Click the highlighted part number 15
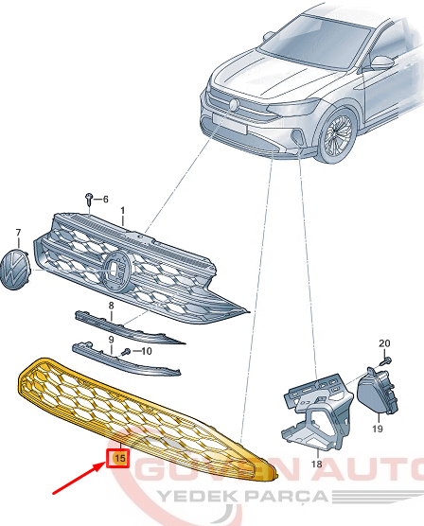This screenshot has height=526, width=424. pos(120,458)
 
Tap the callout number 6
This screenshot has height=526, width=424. pos(105,200)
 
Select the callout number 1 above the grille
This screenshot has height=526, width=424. pos(122,211)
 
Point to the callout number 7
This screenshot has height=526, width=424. pos(18,233)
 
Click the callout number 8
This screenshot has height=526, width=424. pos(111,306)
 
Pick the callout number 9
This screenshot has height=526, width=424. pos(111,340)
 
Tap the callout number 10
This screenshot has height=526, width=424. pos(147,351)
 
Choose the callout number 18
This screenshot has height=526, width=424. pos(316,464)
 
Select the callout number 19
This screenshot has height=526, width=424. pos(378,429)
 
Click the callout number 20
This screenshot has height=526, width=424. pos(384,343)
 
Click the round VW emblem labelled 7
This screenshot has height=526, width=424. pos(15,270)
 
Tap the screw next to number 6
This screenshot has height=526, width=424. pos(89,199)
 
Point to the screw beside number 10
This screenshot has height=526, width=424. pos(126,352)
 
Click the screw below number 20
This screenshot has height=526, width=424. pos(385,361)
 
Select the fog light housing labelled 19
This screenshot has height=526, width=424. pos(378,391)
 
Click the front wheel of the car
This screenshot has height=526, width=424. pos(337,135)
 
